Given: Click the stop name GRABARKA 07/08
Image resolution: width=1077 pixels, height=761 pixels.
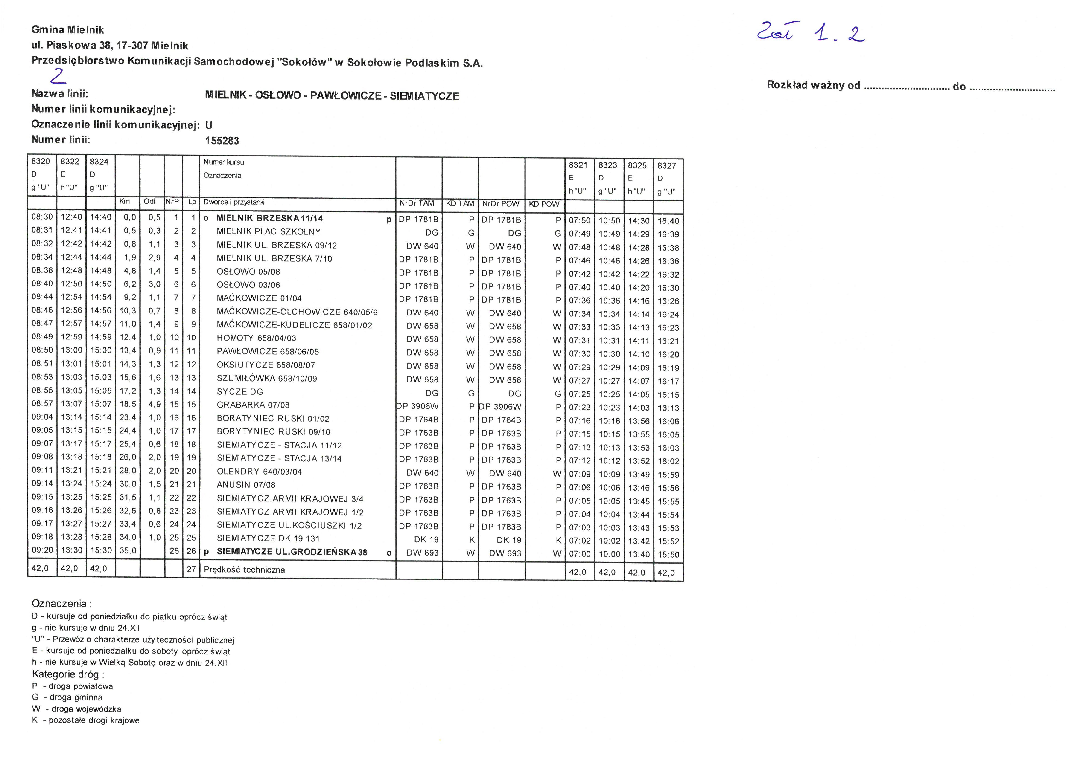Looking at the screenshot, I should click(253, 405).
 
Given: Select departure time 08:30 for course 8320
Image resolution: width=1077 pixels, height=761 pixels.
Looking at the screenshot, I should click(42, 217).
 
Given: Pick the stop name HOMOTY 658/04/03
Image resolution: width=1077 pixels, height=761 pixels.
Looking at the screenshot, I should click(256, 338).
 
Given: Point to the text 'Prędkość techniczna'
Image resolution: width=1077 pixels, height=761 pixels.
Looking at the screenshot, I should click(244, 570).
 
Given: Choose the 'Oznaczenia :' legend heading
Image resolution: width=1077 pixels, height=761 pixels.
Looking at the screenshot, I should click(61, 603).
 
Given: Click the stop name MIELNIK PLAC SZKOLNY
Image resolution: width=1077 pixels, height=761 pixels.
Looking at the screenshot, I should click(268, 232).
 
